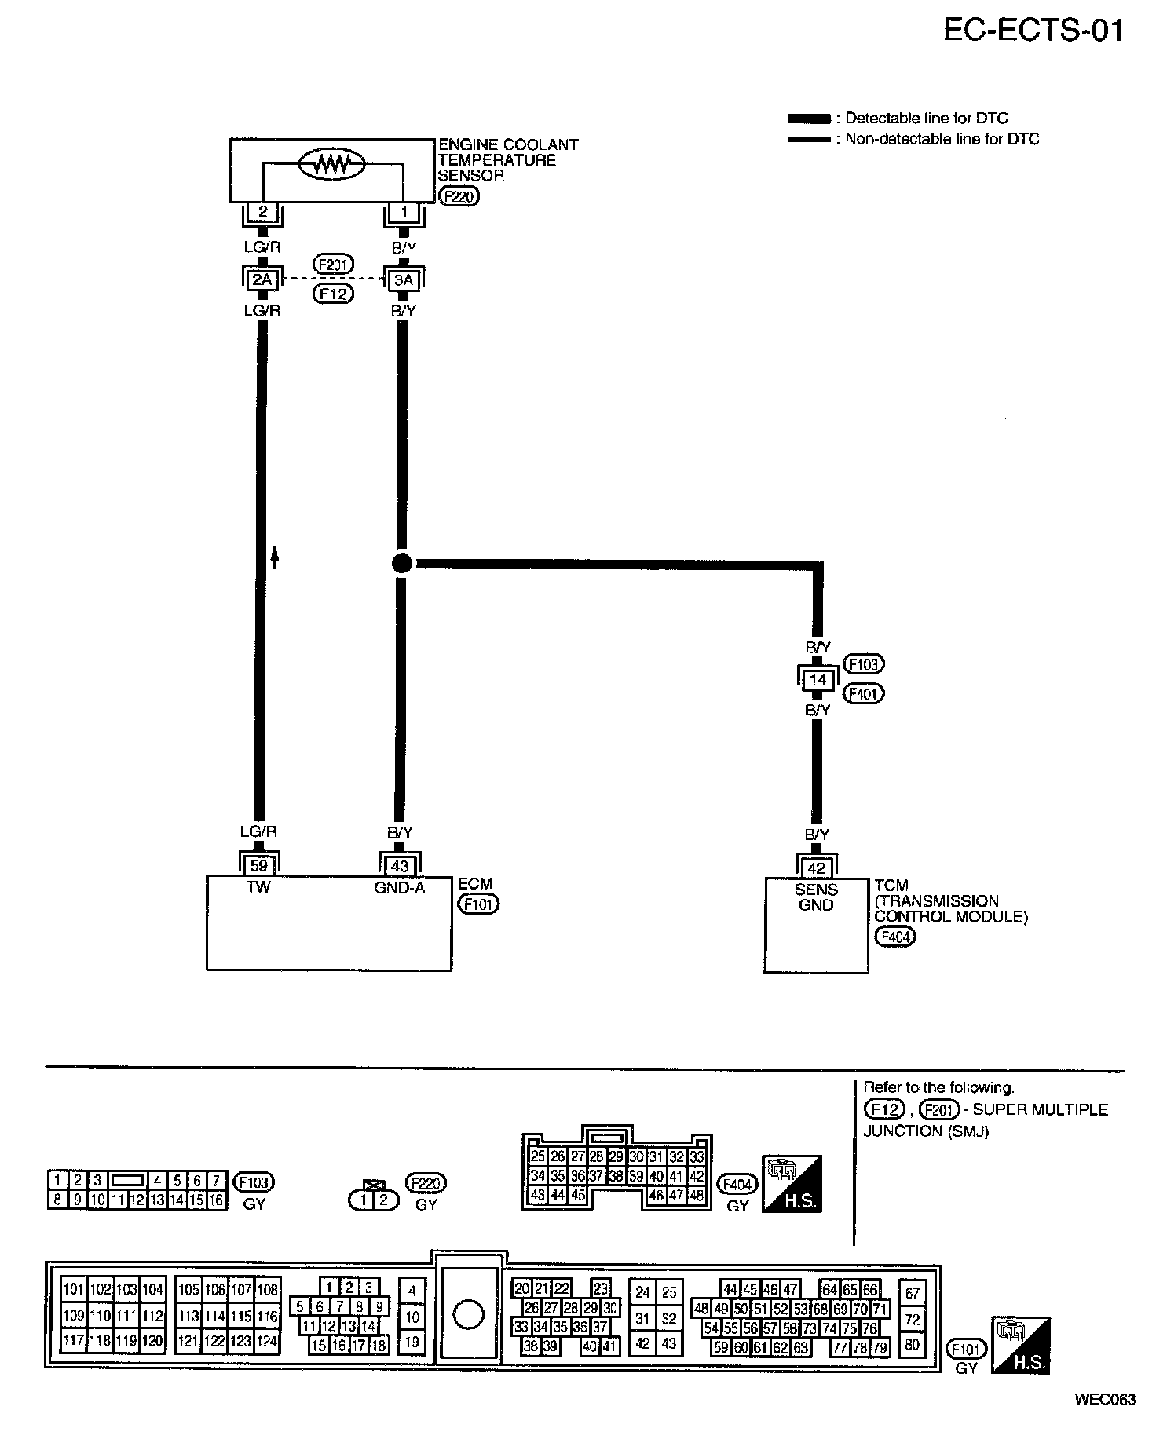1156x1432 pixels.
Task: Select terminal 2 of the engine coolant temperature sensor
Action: coord(263,211)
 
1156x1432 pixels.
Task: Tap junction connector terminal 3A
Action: coord(403,279)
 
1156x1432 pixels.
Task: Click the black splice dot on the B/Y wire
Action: coord(401,563)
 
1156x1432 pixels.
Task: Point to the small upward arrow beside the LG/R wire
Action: coord(274,557)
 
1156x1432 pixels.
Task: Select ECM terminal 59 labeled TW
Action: coord(258,865)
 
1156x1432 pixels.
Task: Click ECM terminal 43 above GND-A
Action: coord(400,865)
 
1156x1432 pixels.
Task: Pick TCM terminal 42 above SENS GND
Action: coord(817,868)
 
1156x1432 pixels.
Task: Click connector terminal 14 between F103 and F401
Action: coord(818,679)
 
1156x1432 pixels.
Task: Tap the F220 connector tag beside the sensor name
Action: coord(459,196)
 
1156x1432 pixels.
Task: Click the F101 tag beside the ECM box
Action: coord(478,904)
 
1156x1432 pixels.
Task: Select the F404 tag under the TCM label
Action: coord(895,937)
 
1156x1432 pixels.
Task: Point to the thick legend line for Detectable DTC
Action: coord(809,119)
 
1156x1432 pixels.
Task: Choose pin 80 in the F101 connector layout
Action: coord(912,1344)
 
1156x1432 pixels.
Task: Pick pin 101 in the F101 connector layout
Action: coord(74,1289)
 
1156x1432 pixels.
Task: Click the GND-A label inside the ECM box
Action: coord(400,889)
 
